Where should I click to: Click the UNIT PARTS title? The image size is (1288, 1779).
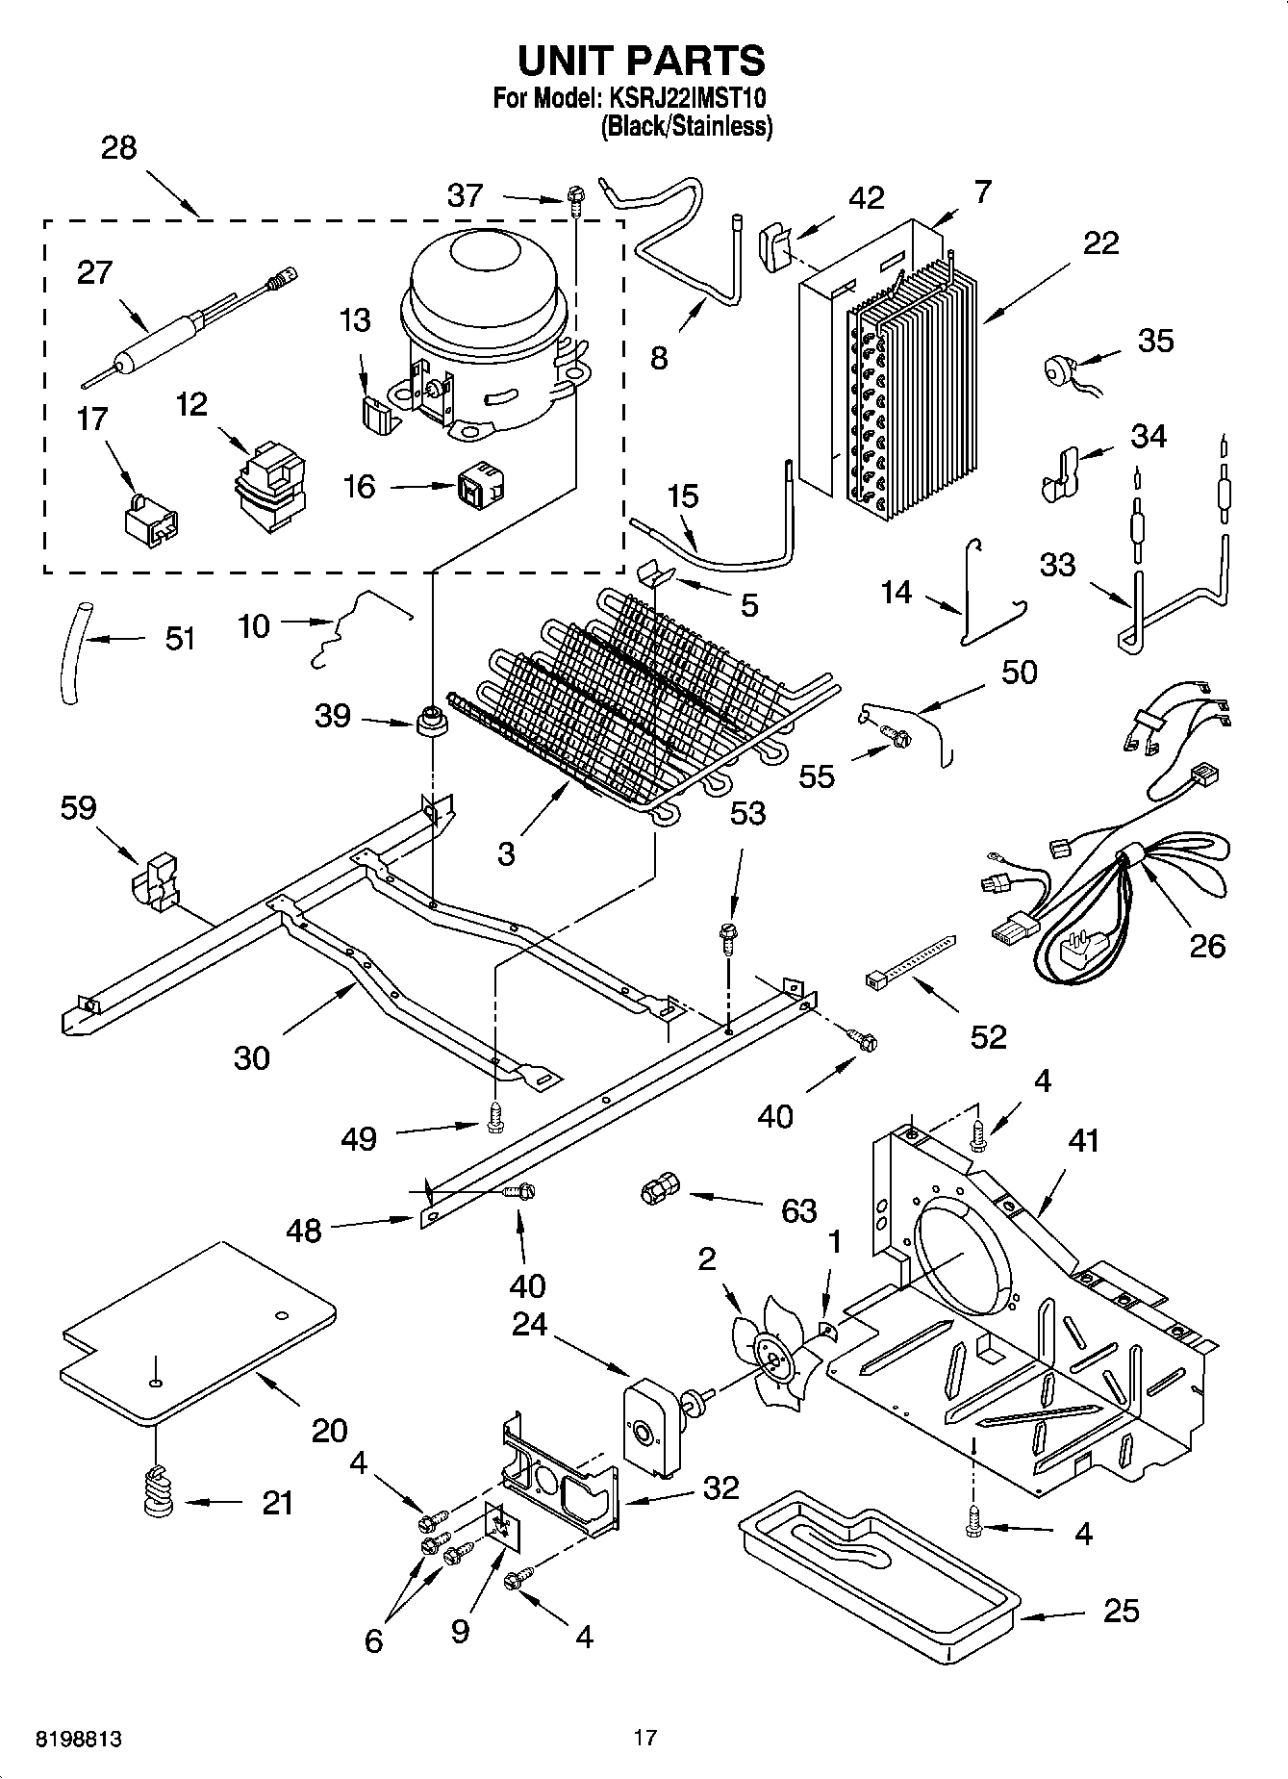click(642, 60)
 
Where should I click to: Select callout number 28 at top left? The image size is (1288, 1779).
click(118, 148)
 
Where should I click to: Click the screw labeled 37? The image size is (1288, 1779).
click(575, 200)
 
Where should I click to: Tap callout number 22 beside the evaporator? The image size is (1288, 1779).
click(1100, 242)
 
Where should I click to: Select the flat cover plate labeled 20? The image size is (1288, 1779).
click(197, 1333)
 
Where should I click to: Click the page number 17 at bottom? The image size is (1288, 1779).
click(644, 1738)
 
